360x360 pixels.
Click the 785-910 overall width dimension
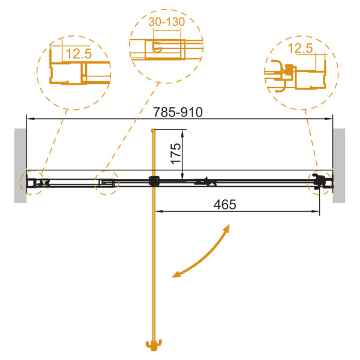(x=178, y=112)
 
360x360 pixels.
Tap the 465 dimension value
(x=225, y=205)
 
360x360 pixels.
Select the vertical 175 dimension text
(x=176, y=154)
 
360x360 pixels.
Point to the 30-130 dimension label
(x=167, y=22)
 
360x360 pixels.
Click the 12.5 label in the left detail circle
(x=79, y=53)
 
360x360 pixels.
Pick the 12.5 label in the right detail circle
(x=301, y=48)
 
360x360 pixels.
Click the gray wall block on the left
(x=20, y=166)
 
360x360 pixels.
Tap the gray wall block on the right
(x=339, y=166)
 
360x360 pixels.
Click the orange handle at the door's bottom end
(x=154, y=345)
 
